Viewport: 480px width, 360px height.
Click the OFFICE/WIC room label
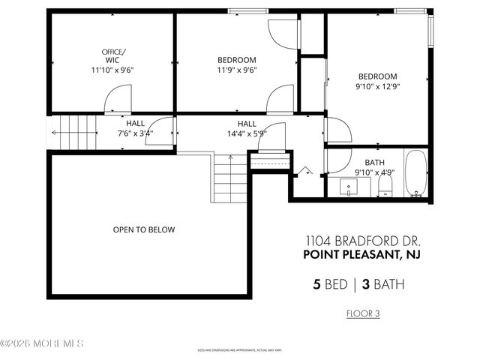114,55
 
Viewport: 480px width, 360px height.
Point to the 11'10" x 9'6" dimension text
112,70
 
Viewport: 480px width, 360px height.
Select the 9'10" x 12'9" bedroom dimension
376,88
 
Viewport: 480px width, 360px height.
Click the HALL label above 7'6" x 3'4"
135,124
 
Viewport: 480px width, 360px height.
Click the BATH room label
374,163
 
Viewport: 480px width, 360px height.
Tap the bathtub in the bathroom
415,174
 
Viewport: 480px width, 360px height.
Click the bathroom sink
349,186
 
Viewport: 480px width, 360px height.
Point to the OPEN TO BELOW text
144,229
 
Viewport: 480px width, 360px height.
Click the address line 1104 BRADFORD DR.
362,241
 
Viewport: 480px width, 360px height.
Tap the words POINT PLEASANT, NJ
362,255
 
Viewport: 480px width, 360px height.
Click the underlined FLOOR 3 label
362,313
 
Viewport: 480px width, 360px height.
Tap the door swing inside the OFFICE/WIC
117,101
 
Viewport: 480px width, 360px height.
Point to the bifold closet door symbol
306,171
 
